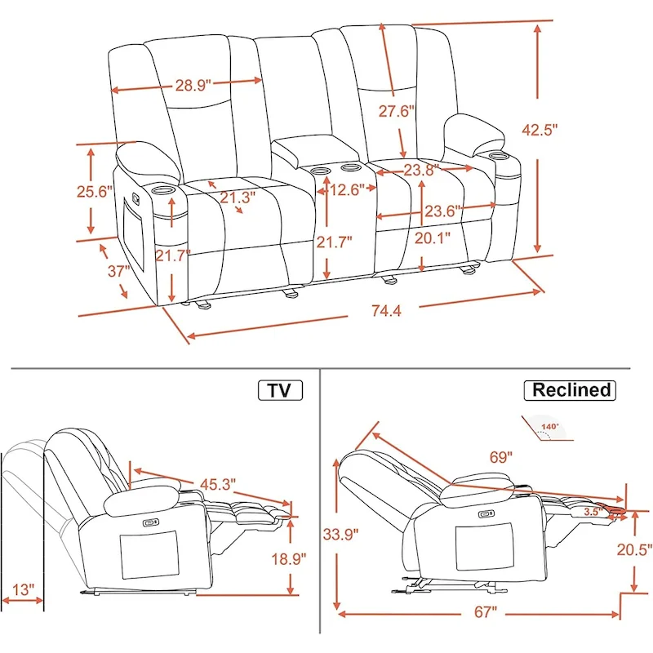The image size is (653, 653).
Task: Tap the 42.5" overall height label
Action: click(x=540, y=129)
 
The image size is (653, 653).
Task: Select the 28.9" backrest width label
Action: click(x=192, y=84)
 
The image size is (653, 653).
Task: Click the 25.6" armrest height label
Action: click(x=94, y=192)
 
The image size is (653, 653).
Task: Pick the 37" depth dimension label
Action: click(x=118, y=271)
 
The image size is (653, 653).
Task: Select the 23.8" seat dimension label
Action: click(x=420, y=171)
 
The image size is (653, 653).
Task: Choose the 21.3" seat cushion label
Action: click(x=237, y=197)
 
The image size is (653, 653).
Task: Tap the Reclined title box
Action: click(x=571, y=390)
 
